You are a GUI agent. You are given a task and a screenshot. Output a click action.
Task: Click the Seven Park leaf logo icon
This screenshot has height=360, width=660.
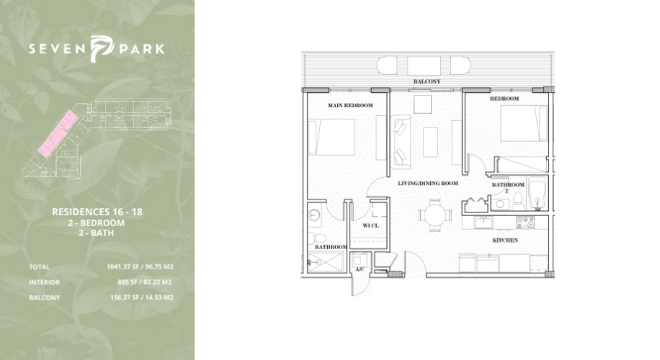[x=102, y=49]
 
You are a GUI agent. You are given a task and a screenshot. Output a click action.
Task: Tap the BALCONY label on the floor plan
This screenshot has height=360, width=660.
[x=427, y=81]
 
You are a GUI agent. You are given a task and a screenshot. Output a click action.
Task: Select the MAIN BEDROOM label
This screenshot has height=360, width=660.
[x=350, y=106]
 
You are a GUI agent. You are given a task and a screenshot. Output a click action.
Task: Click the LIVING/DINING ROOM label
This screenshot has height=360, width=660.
[x=428, y=184]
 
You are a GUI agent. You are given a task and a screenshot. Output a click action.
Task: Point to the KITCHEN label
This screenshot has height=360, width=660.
[x=505, y=240]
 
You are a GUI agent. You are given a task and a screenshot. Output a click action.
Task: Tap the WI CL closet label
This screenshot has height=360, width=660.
[x=370, y=225]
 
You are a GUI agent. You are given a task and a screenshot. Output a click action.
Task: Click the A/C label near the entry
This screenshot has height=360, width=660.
[x=360, y=269]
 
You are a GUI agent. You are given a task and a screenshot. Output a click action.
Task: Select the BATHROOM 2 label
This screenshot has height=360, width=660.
[x=508, y=187]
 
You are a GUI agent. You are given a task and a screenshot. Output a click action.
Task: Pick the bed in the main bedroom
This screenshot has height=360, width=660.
[x=331, y=137]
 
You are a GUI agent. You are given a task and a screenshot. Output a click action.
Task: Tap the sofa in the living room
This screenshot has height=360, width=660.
[x=401, y=142]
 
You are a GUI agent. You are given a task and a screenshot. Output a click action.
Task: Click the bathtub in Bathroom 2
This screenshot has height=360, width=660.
[x=538, y=193]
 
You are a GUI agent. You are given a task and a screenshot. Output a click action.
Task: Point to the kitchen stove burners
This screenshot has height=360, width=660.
[x=525, y=222]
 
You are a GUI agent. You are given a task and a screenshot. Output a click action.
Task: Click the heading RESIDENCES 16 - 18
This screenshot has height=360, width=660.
[x=97, y=212]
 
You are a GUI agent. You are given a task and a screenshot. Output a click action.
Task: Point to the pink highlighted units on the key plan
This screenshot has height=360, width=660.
[x=58, y=134]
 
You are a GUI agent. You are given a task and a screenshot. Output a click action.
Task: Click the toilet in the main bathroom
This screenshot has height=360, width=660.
[x=312, y=238]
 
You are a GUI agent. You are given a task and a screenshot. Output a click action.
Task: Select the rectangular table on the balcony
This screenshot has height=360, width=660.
[x=424, y=66]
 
